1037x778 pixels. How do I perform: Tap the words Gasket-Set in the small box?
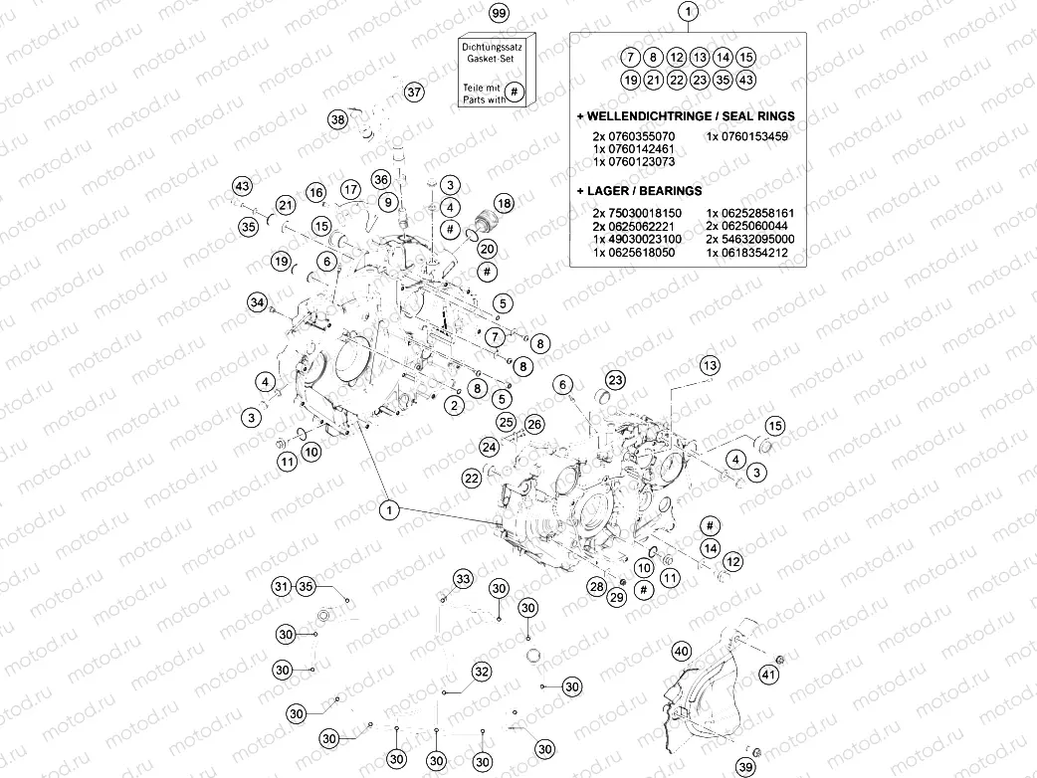tap(489, 60)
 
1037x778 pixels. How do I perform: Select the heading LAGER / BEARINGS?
tap(644, 190)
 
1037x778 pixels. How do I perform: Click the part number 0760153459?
tap(747, 136)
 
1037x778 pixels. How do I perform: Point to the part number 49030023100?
tap(642, 240)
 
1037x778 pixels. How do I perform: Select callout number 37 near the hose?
tap(414, 92)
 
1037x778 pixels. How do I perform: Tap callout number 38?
tap(337, 119)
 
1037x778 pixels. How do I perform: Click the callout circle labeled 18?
tap(505, 203)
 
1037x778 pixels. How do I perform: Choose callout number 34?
tap(258, 301)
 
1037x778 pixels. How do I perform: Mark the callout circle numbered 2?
tap(454, 405)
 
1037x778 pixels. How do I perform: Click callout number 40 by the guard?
tap(681, 652)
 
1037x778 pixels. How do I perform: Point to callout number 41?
tap(768, 676)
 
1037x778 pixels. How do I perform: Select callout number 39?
tap(745, 767)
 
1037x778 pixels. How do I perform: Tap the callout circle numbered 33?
tap(463, 579)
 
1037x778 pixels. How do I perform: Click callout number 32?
tap(482, 672)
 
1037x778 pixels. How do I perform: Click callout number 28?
tap(595, 586)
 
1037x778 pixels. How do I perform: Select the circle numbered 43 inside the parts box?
tap(747, 80)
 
